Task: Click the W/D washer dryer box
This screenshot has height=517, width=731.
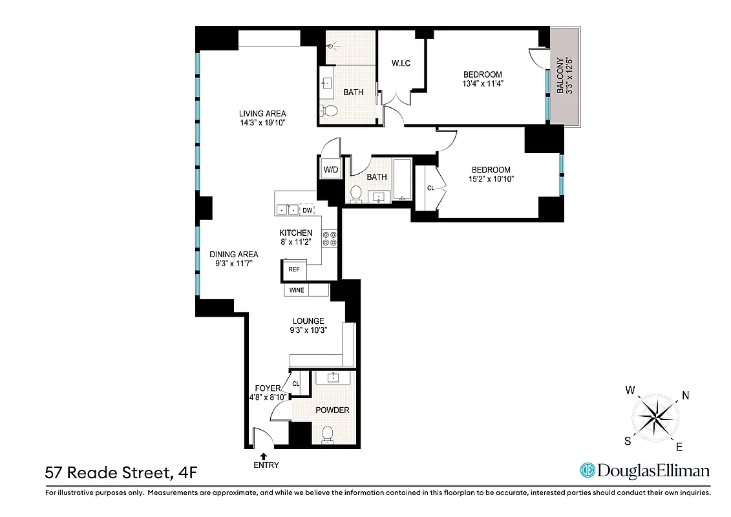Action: coord(331,169)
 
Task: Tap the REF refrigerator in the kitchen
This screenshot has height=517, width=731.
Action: coord(293,269)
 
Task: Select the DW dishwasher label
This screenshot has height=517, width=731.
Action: coord(308,210)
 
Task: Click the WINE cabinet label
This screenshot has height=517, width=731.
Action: coord(297,290)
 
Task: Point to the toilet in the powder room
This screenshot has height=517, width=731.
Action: coord(328,435)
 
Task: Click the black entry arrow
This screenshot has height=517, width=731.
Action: coord(263,456)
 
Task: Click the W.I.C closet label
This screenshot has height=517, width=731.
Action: coord(401,63)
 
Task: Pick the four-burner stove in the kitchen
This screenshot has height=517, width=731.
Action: coord(330,238)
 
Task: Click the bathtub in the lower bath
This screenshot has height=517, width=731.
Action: coord(403,180)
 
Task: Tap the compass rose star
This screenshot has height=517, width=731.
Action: coord(655,418)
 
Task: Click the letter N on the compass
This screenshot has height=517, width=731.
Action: coord(685,396)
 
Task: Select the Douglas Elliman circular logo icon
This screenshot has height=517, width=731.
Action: coord(587,470)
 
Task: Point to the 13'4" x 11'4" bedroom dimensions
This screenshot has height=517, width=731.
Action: coord(482,83)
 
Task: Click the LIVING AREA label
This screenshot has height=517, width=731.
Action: coord(262,114)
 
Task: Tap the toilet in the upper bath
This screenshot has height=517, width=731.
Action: coord(330,111)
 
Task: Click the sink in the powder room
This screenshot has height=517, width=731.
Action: coord(334,377)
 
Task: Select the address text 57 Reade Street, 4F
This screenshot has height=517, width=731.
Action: coord(120,473)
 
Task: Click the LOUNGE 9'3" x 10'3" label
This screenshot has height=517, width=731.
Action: coord(308,325)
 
